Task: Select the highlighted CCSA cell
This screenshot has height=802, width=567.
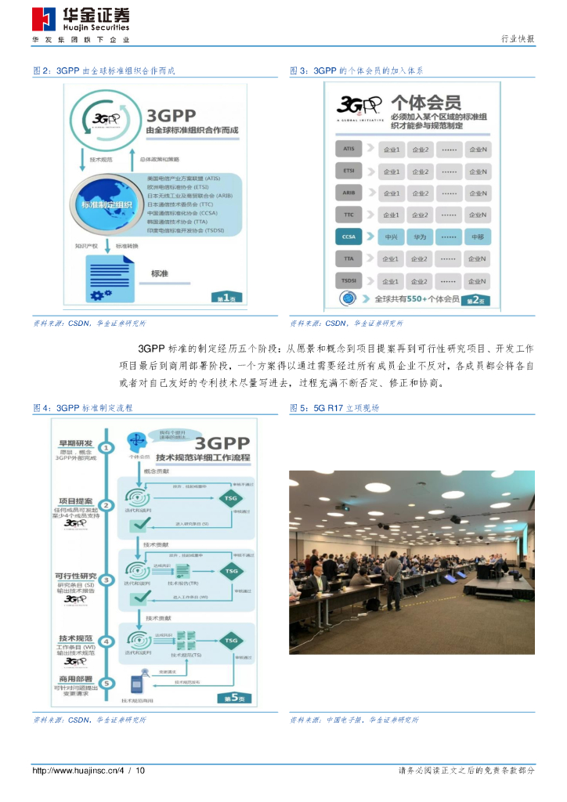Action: coord(349,237)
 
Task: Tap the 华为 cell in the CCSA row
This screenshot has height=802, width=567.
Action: coord(421,237)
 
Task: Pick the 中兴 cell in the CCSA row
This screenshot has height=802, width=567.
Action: coord(391,237)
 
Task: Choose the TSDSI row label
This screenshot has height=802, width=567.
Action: coord(349,280)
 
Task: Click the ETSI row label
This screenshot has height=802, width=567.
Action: coord(349,171)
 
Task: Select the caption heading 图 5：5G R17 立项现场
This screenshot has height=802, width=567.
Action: coord(334,408)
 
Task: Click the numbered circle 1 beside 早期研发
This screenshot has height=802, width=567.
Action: coord(107,448)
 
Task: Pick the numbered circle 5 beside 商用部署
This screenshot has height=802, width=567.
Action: coord(107,682)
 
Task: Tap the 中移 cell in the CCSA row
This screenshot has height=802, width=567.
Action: coord(477,237)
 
